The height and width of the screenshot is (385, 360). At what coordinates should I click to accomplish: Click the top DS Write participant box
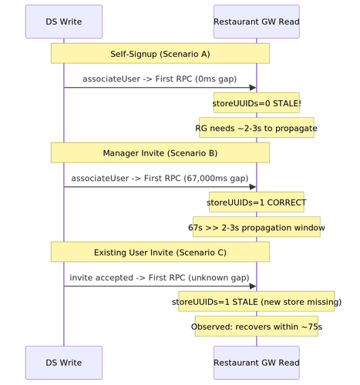tap(64, 22)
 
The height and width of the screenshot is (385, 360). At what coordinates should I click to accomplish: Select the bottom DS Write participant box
tap(64, 363)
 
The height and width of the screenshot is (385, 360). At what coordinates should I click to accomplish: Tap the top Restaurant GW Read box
tap(257, 22)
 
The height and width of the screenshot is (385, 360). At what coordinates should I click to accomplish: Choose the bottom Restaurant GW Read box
tap(257, 363)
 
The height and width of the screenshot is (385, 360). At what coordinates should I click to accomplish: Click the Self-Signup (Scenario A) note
tap(160, 53)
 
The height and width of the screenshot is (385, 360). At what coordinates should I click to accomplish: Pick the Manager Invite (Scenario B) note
tap(160, 152)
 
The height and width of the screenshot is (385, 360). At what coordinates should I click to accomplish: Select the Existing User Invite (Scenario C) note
tap(160, 252)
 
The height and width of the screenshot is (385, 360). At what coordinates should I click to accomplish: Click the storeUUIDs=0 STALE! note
tap(257, 102)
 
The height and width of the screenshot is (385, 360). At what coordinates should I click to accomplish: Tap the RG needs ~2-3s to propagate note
tap(257, 128)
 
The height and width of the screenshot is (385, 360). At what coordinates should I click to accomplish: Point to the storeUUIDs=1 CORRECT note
tap(257, 202)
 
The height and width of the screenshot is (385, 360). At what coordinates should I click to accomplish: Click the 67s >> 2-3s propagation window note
tap(257, 227)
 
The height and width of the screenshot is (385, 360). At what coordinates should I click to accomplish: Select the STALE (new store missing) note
tap(257, 301)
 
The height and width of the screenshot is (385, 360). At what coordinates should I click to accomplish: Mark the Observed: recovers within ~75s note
tap(257, 326)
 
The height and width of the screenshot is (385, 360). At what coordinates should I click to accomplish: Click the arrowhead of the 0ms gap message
tap(253, 88)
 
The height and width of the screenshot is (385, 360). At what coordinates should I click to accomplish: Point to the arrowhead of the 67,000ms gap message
tap(253, 187)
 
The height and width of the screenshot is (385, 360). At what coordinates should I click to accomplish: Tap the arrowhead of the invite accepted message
tap(253, 286)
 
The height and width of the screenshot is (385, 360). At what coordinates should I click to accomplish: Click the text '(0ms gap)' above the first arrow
tap(216, 79)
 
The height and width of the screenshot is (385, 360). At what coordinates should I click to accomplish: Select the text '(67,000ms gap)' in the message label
tap(216, 179)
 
